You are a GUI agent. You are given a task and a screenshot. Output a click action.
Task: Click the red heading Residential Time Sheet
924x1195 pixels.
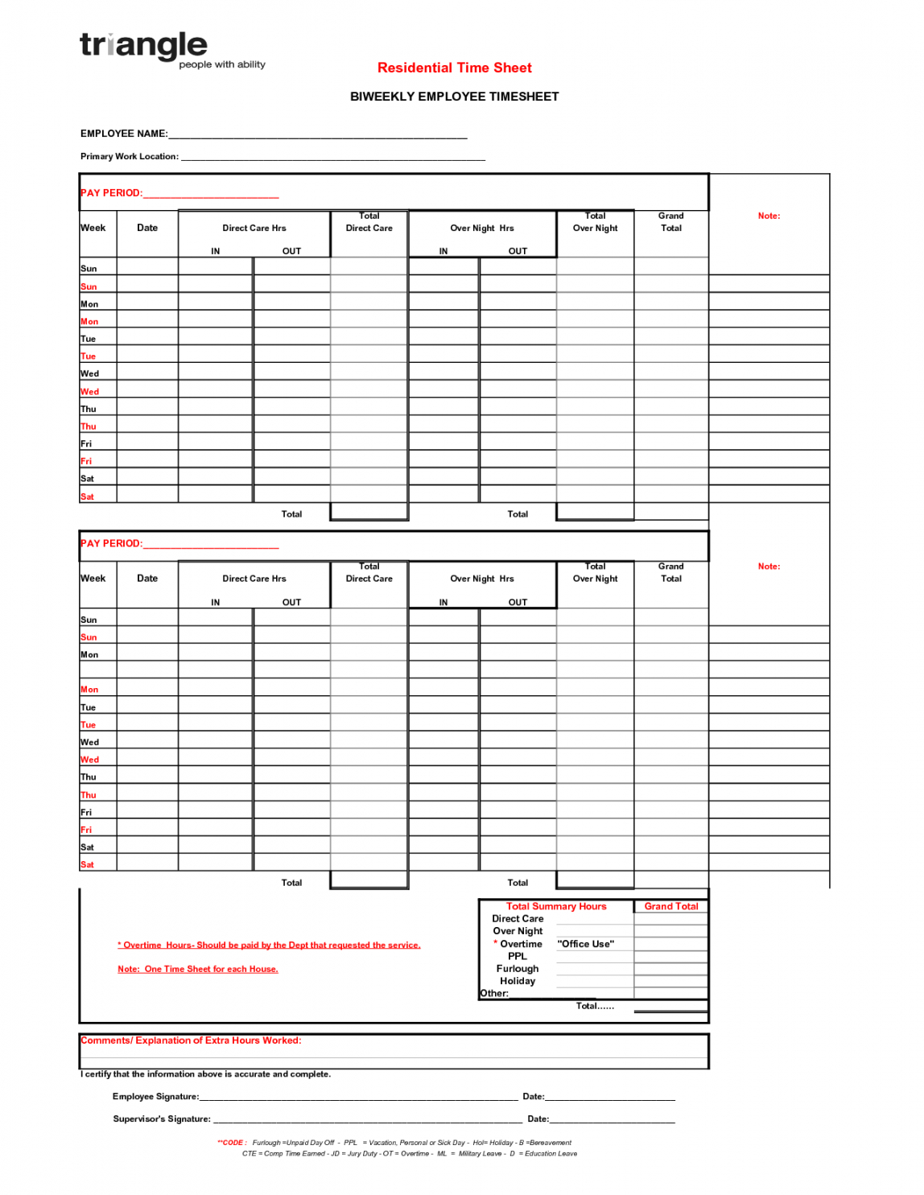454,68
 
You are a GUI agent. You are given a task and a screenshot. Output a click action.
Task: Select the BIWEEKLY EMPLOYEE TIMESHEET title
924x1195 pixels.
454,97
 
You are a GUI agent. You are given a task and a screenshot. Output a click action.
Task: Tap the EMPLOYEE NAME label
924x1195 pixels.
124,134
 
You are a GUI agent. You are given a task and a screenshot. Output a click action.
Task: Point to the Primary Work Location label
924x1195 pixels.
130,157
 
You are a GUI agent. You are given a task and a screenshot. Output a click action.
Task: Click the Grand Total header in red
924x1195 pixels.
670,906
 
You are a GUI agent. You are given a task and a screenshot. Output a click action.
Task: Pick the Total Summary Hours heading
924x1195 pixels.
555,906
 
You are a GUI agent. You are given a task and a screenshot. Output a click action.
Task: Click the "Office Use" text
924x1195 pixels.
585,944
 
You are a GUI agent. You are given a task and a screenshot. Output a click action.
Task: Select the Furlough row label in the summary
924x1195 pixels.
517,969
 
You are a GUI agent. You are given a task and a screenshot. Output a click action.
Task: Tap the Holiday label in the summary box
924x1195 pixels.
517,981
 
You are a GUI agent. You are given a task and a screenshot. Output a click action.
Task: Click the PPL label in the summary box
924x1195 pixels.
517,956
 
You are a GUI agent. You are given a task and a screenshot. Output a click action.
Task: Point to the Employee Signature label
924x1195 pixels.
155,1097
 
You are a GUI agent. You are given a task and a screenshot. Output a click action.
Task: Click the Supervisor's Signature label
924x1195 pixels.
162,1119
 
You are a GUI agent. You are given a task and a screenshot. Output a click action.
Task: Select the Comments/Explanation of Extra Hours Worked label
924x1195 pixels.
191,1040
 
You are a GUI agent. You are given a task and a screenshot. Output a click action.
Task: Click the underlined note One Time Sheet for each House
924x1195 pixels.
198,970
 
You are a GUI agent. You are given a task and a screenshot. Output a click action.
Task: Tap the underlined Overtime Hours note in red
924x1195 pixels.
269,946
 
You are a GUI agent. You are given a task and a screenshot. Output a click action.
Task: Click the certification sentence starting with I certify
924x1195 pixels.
205,1074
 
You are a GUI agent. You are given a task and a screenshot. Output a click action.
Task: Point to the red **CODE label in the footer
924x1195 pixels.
232,1143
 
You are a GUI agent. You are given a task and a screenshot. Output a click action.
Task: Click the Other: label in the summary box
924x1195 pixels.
494,994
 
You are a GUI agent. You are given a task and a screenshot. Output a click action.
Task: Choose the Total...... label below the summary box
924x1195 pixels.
595,1006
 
